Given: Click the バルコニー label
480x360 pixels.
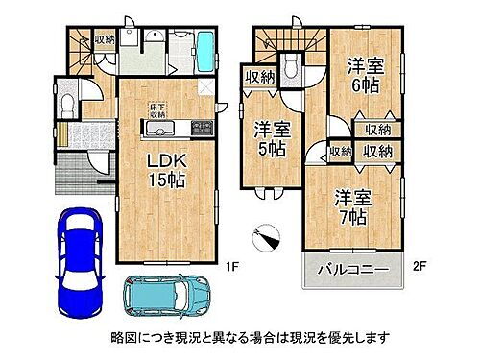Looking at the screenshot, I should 355,271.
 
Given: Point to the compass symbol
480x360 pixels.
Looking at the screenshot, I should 267,236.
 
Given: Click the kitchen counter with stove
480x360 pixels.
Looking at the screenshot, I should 174,129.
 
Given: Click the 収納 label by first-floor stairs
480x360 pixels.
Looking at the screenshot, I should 105,39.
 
